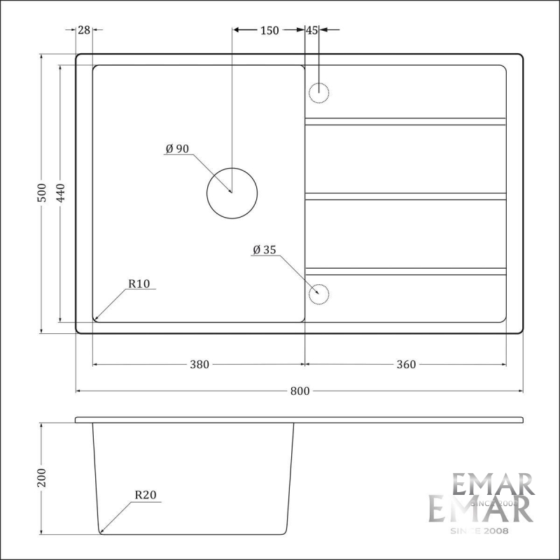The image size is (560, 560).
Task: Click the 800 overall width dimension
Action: coord(300,391)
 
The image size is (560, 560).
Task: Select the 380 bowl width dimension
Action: coord(199,364)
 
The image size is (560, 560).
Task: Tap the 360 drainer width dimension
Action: coord(406,364)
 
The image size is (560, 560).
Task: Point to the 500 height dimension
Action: coord(42,192)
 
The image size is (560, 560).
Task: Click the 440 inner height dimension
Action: coord(61,192)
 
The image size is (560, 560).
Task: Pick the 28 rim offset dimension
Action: coord(84,30)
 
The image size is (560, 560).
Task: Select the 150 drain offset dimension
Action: coord(269,30)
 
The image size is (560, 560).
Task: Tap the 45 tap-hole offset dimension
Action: coord(311,30)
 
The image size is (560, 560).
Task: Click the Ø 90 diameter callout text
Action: coord(178,148)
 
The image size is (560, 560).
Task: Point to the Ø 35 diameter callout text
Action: coord(265,250)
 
